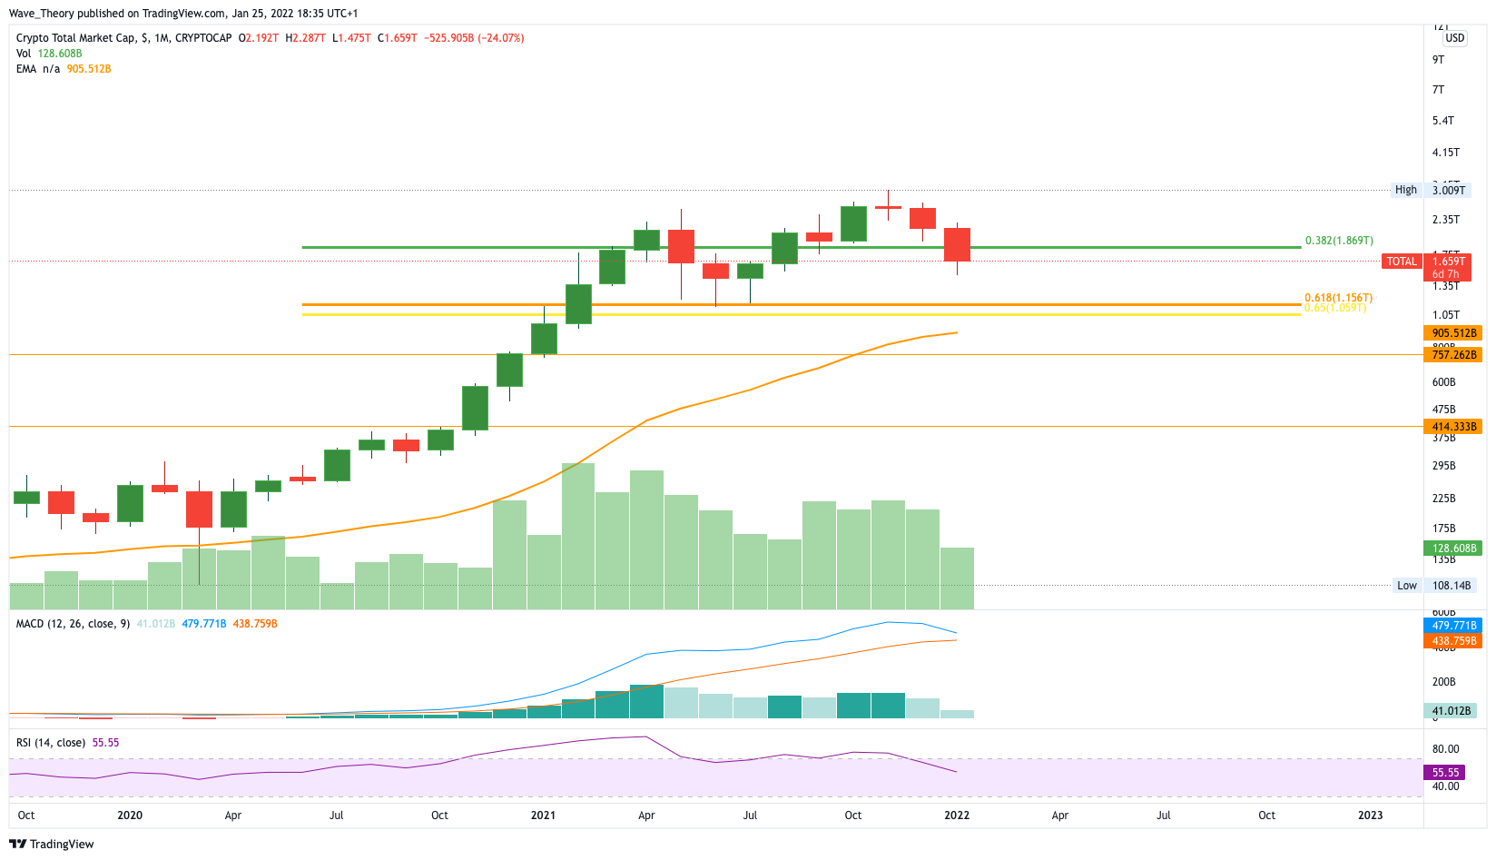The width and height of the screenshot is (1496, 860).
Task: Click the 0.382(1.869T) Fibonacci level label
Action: [x=1338, y=241]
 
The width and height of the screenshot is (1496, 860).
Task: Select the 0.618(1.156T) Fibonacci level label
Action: [x=1338, y=298]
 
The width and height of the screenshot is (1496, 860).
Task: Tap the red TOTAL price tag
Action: [x=1402, y=262]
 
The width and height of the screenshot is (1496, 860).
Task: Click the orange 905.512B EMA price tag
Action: [x=1454, y=333]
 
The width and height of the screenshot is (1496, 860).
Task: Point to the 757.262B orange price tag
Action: [x=1454, y=355]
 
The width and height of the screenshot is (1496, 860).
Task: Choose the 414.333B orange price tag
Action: [x=1454, y=427]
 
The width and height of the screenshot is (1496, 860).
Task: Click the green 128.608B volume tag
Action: [x=1453, y=549]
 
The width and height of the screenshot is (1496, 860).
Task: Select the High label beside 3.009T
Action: [x=1406, y=190]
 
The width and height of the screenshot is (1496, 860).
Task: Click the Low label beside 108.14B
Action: [x=1407, y=586]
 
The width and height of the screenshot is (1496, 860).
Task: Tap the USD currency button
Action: [x=1455, y=38]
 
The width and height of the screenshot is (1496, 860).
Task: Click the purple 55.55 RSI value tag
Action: [x=1446, y=773]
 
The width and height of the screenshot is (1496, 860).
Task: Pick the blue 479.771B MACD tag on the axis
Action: [x=1454, y=626]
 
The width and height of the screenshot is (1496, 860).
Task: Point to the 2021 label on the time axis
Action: [x=543, y=816]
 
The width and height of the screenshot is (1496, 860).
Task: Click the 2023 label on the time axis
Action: [x=1370, y=816]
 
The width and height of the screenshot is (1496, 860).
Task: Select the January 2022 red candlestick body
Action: [x=957, y=244]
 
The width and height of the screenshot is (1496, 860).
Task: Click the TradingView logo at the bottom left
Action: [x=52, y=844]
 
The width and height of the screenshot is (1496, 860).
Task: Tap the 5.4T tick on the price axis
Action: [x=1442, y=121]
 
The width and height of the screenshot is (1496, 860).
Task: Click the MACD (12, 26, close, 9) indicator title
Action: [x=73, y=624]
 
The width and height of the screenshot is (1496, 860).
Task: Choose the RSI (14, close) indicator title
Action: [x=51, y=743]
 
